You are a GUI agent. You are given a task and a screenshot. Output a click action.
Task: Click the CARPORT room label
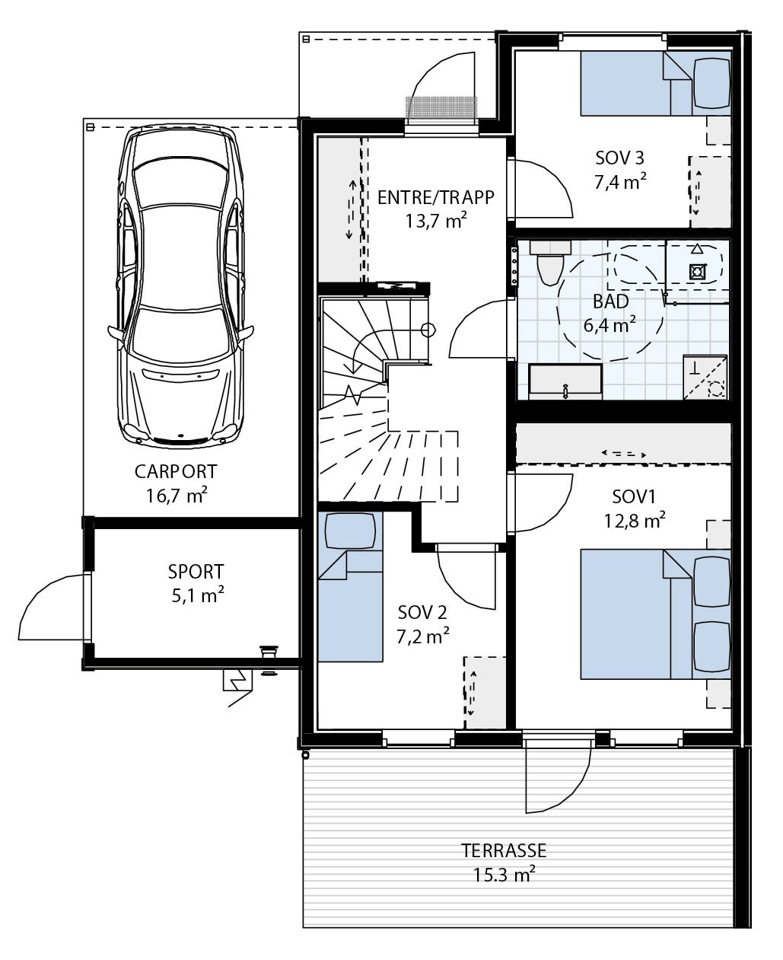[176, 471]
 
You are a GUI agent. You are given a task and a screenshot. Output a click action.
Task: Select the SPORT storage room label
[196, 571]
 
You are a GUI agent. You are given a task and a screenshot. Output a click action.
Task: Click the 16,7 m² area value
[177, 496]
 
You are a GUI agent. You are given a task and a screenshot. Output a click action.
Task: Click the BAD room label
[610, 301]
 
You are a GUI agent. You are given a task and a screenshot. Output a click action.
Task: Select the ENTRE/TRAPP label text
[435, 198]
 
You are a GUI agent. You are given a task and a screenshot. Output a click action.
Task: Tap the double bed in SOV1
[654, 614]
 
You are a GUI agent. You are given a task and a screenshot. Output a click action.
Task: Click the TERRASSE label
[503, 850]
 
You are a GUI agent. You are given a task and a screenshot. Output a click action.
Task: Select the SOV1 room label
[633, 497]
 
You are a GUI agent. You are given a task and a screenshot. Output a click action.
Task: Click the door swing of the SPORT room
[49, 609]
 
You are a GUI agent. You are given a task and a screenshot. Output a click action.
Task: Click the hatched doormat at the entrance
[441, 109]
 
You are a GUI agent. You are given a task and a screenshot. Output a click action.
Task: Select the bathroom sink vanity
[565, 381]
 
